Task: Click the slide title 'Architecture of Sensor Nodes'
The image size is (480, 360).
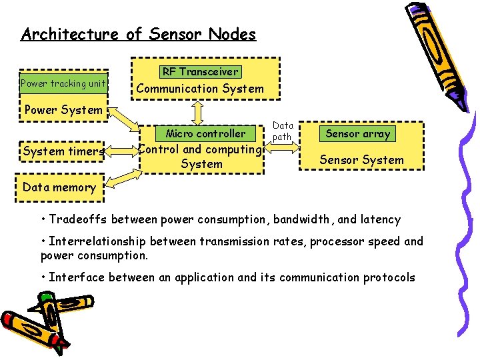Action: click(138, 34)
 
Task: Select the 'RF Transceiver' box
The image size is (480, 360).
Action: click(200, 71)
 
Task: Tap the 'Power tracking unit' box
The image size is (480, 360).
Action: click(63, 83)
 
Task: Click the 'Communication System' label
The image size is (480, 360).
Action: click(200, 89)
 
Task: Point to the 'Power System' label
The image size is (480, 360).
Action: click(63, 110)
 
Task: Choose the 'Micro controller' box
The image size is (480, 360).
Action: click(205, 133)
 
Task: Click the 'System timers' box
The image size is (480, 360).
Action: click(63, 151)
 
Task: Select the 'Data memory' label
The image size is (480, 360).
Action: click(59, 187)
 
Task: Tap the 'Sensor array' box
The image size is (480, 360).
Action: click(358, 133)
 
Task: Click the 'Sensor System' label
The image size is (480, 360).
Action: click(361, 160)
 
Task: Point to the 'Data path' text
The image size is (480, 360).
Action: click(283, 131)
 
